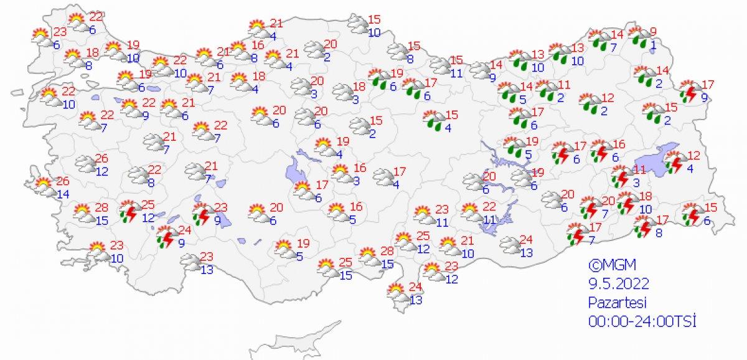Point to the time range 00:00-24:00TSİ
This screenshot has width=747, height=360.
click(x=642, y=321)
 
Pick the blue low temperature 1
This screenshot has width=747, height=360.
click(x=652, y=45)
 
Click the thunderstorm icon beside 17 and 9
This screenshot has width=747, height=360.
click(x=689, y=92)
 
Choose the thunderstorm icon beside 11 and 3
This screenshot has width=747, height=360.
click(x=620, y=178)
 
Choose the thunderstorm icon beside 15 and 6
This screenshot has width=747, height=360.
click(x=692, y=214)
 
